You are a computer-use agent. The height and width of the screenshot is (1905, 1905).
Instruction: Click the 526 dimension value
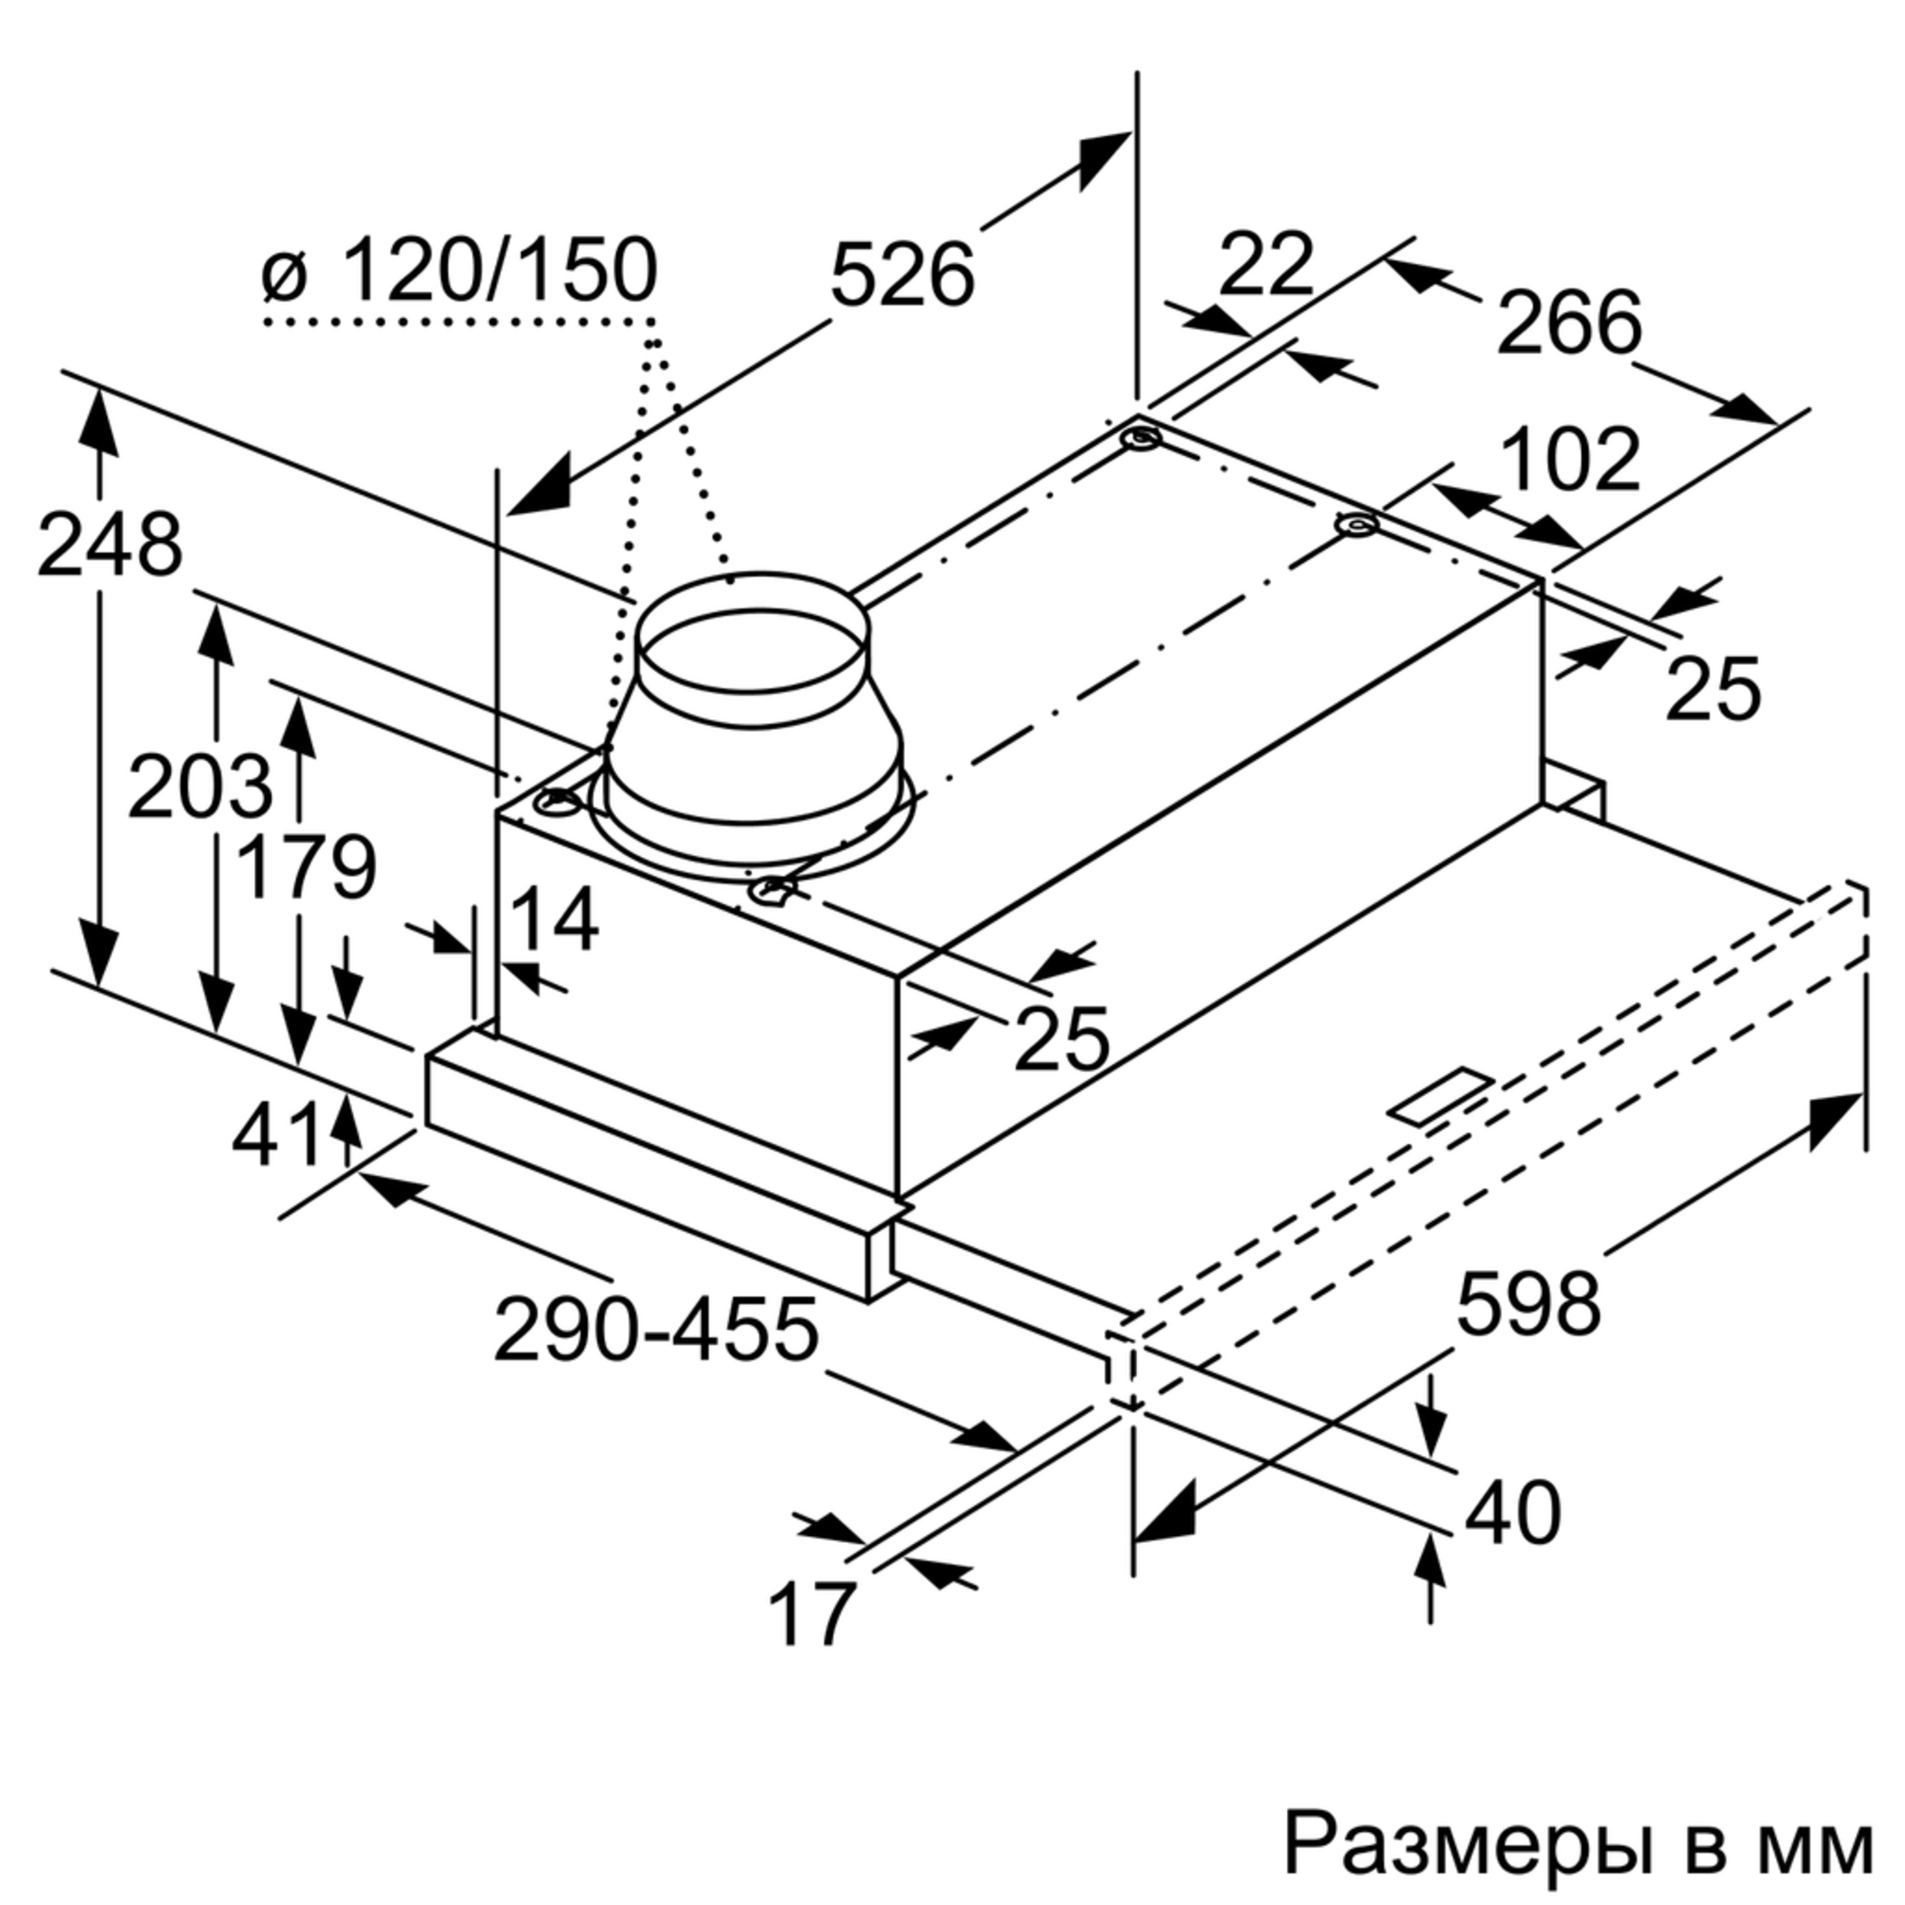click(x=902, y=274)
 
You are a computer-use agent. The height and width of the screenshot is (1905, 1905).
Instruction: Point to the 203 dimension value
click(x=199, y=786)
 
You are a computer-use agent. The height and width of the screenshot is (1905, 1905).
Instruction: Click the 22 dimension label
click(x=1266, y=264)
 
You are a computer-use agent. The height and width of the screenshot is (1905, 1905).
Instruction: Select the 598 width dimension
click(x=1528, y=1304)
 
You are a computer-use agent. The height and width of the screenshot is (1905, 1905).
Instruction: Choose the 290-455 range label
click(x=657, y=1328)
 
